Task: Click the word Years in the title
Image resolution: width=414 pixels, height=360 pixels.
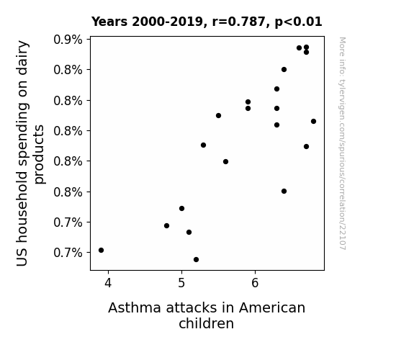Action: click(109, 22)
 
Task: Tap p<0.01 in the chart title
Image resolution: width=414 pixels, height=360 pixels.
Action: click(298, 22)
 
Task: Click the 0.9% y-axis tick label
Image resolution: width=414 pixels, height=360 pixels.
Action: click(68, 40)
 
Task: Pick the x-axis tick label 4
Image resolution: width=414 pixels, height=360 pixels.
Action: click(108, 283)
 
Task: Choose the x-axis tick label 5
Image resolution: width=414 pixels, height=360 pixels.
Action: click(181, 283)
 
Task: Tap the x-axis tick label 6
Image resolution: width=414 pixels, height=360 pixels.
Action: click(255, 283)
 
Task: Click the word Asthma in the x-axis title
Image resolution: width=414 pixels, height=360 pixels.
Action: click(135, 307)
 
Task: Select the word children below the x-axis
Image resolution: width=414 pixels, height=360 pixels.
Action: click(206, 323)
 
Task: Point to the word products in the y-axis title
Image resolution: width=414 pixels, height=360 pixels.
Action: click(40, 154)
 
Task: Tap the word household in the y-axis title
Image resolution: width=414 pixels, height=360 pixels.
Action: click(22, 207)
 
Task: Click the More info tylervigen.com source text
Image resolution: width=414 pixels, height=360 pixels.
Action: click(342, 143)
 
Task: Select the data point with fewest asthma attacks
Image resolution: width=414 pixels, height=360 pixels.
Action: click(101, 250)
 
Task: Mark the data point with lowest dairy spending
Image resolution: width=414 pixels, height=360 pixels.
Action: click(196, 260)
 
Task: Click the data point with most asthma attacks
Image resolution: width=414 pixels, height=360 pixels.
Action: click(313, 122)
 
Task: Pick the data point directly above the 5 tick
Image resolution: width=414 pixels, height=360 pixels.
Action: click(181, 208)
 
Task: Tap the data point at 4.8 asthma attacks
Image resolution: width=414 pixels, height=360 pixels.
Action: click(166, 226)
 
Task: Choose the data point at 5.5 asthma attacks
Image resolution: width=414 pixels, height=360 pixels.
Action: click(218, 116)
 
